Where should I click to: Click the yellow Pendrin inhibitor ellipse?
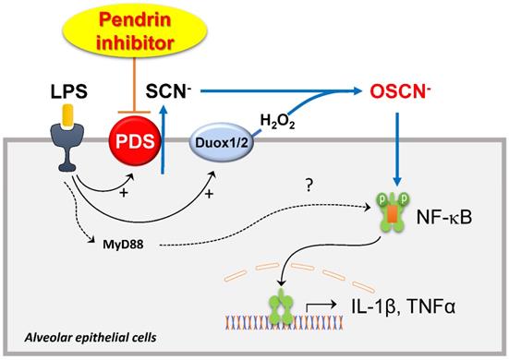point(134,30)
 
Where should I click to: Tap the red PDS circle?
point(135,141)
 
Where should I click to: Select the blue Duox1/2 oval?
point(222,142)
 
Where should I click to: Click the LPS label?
point(68,91)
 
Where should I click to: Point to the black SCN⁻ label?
point(168,91)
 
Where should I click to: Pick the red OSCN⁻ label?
point(400,91)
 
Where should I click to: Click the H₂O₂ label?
point(277,122)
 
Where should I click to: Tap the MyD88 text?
point(123,245)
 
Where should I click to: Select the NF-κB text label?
point(444,218)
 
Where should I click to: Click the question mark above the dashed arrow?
point(309,185)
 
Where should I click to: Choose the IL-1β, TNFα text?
point(403,306)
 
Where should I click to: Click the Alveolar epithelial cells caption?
point(91,338)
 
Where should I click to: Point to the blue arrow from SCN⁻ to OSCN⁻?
point(281,91)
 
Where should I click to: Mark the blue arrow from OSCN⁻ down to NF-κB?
point(397,150)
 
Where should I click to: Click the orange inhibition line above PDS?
point(134,86)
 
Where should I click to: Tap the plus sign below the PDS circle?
point(124,193)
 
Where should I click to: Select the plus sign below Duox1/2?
point(210,194)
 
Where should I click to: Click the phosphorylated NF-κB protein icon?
point(393,211)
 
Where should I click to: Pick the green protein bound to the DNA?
point(281,306)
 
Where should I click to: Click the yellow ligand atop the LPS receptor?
point(67,115)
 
